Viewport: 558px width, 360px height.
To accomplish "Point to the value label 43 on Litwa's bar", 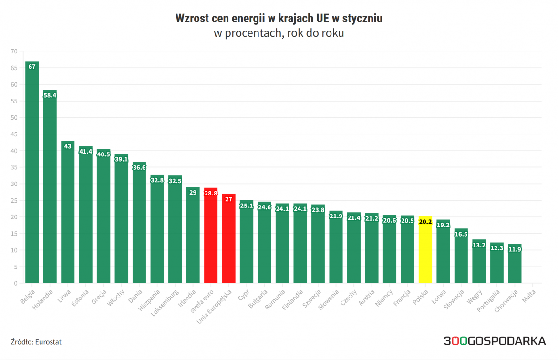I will tap(68, 146).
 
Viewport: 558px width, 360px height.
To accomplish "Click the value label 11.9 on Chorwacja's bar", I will tap(515, 249).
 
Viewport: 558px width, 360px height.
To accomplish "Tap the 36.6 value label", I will tap(139, 167).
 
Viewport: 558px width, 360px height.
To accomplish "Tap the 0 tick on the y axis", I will tap(15, 283).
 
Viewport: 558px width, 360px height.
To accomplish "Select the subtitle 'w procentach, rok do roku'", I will tap(279, 34).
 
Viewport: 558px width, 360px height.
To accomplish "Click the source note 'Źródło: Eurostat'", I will tap(36, 342).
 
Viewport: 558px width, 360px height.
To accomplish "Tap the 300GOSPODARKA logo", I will tap(495, 341).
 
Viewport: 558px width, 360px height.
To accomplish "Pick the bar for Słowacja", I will tap(461, 257).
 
